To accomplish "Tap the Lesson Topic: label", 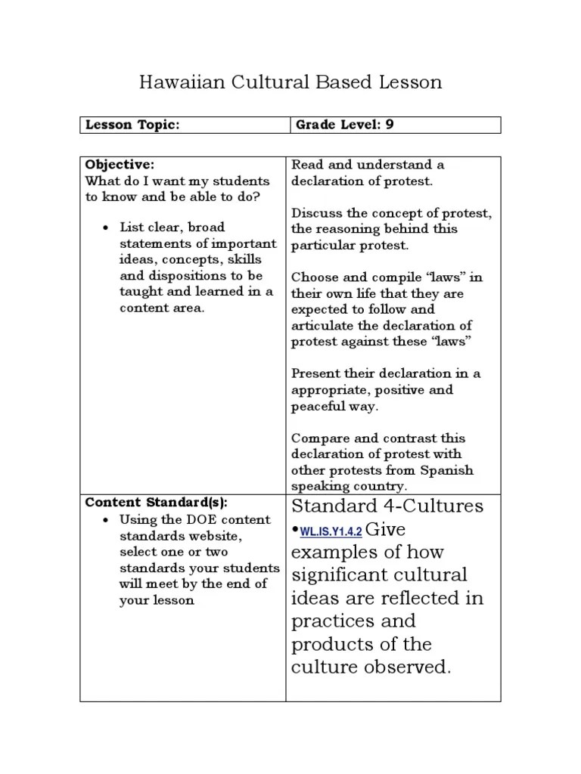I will coord(132,125).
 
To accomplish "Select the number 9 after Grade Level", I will coord(390,125).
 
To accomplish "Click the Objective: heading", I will coord(120,165).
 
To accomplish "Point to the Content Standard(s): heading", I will coord(156,503).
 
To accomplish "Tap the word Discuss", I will coord(315,213).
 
